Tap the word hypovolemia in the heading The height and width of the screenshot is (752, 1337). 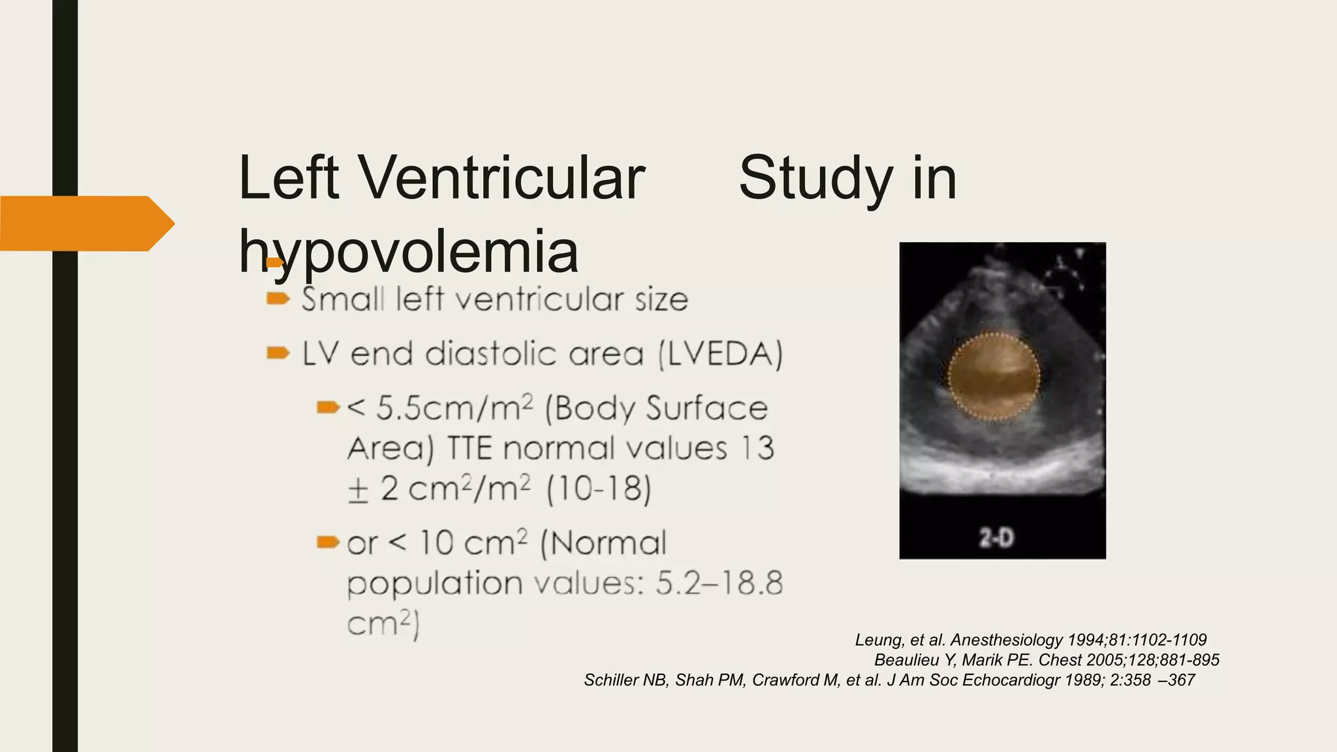[409, 252]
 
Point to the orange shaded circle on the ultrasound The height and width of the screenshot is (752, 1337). [993, 376]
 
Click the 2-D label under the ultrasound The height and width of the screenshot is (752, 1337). [996, 539]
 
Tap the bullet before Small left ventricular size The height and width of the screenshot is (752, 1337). [278, 299]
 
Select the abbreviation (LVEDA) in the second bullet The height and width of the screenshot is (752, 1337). [721, 354]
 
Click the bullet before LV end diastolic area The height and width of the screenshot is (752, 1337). [278, 354]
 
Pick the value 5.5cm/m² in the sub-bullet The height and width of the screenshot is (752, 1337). [454, 409]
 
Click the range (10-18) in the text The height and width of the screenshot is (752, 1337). [599, 490]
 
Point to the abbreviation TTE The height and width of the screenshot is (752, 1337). [470, 449]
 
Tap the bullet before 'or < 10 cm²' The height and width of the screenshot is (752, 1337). [328, 542]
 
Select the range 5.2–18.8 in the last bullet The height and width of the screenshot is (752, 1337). [719, 583]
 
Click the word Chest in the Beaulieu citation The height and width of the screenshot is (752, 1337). [1058, 660]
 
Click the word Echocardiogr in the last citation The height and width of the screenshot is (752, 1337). [1011, 680]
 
